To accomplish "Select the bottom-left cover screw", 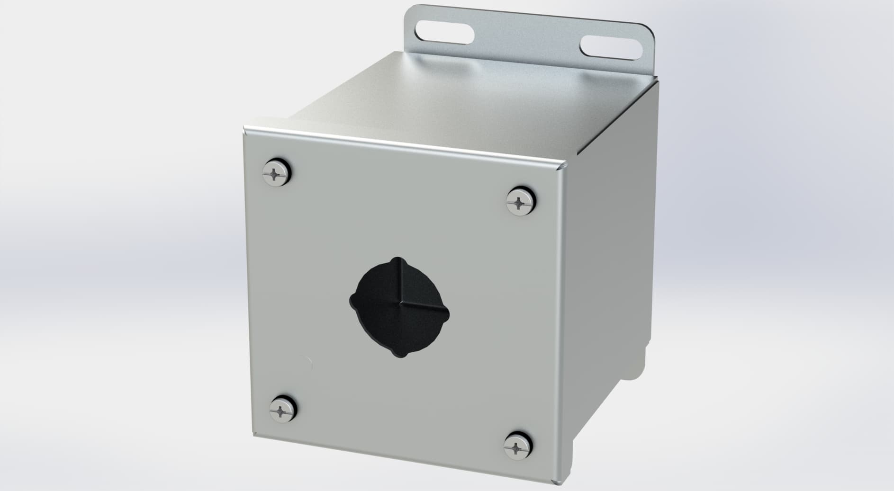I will [282, 408].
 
